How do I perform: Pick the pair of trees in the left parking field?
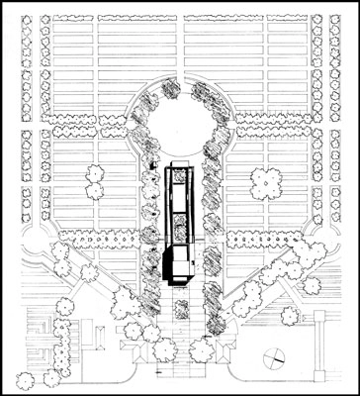(96, 181)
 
